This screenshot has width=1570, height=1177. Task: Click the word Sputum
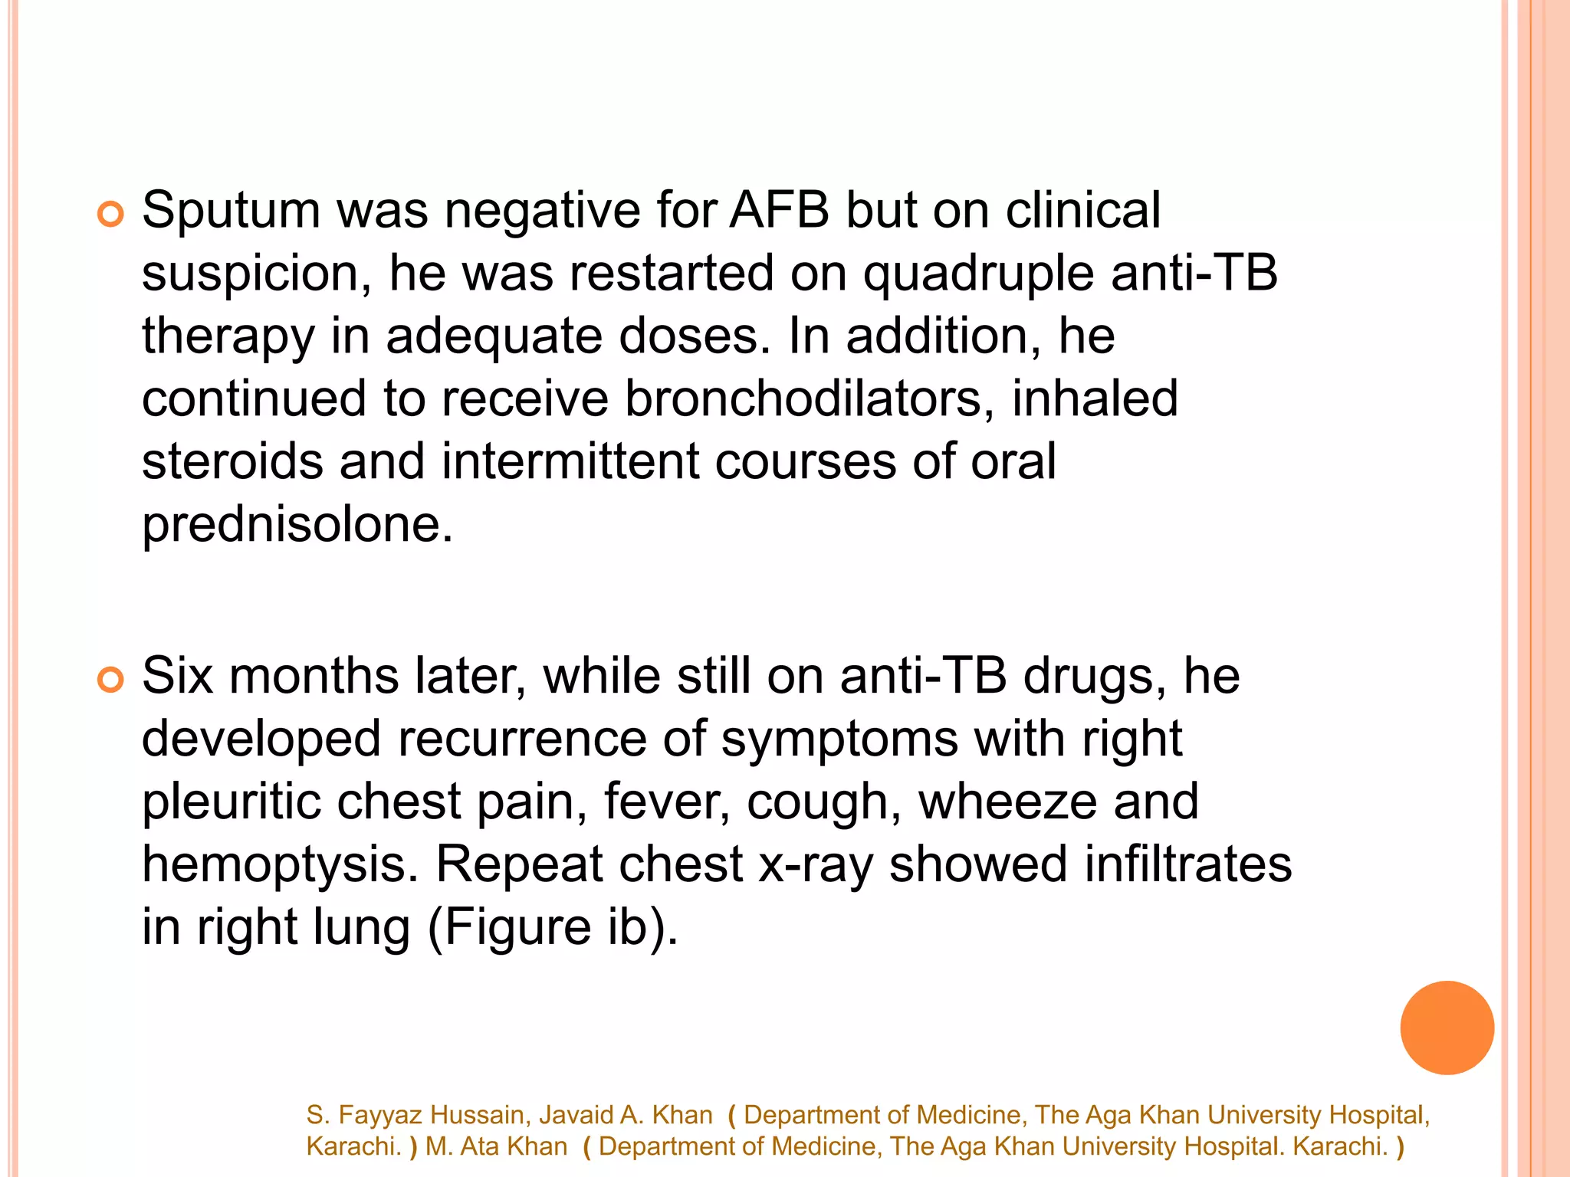click(231, 211)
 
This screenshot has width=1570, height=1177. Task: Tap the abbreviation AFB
click(779, 210)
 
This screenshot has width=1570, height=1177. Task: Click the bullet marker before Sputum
click(110, 215)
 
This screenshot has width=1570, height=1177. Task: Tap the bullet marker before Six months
click(110, 680)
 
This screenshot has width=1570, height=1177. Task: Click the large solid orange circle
click(1447, 1028)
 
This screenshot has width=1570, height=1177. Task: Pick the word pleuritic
click(231, 802)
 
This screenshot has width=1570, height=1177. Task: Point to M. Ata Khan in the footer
click(496, 1146)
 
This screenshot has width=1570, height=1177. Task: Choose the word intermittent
click(570, 462)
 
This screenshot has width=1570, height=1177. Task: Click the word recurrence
click(521, 739)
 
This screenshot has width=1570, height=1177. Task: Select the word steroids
click(233, 462)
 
